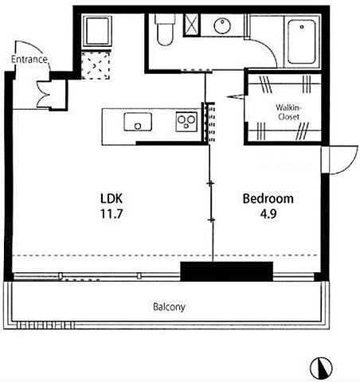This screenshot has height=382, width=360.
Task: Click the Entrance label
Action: [29, 59]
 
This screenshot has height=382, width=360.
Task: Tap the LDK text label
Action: [112, 198]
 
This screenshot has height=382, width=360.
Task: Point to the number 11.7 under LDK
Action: [112, 213]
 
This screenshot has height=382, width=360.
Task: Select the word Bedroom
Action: [268, 198]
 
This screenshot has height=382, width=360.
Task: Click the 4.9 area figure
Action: [268, 214]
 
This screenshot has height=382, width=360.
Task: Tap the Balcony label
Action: [169, 307]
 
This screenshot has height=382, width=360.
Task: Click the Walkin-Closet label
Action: [288, 112]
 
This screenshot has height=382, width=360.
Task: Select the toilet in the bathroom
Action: [165, 29]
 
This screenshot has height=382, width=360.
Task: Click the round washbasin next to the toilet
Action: [222, 25]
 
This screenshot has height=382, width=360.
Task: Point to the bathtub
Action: [302, 41]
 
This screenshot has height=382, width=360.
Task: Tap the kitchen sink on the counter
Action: [138, 122]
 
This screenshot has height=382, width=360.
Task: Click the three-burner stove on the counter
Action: [186, 122]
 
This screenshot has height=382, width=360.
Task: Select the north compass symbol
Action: [321, 368]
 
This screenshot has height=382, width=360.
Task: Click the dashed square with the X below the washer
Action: [96, 65]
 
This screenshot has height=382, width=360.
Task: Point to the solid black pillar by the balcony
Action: [227, 271]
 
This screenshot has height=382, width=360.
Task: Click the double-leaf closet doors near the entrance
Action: [42, 94]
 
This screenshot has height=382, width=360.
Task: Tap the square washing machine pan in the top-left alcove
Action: [97, 31]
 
